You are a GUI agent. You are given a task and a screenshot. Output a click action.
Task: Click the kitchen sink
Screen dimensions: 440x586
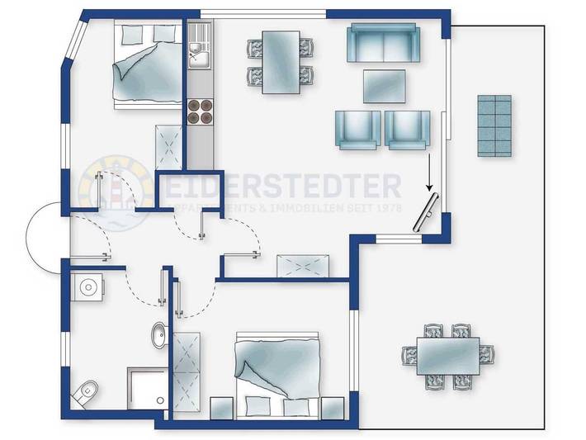pos(199,57)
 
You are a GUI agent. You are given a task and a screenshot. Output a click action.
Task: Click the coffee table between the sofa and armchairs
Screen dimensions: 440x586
pos(385,85)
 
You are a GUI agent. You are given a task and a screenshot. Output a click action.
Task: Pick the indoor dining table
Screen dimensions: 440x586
pos(281,62)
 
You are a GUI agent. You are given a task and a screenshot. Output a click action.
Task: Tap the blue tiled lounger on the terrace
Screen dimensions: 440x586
pos(494,125)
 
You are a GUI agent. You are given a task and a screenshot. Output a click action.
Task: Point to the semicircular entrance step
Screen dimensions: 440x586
pos(43,233)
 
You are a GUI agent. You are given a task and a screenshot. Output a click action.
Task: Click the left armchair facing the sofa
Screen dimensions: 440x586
pos(357,130)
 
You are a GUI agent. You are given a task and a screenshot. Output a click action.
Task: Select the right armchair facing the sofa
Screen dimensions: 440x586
pos(408,130)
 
